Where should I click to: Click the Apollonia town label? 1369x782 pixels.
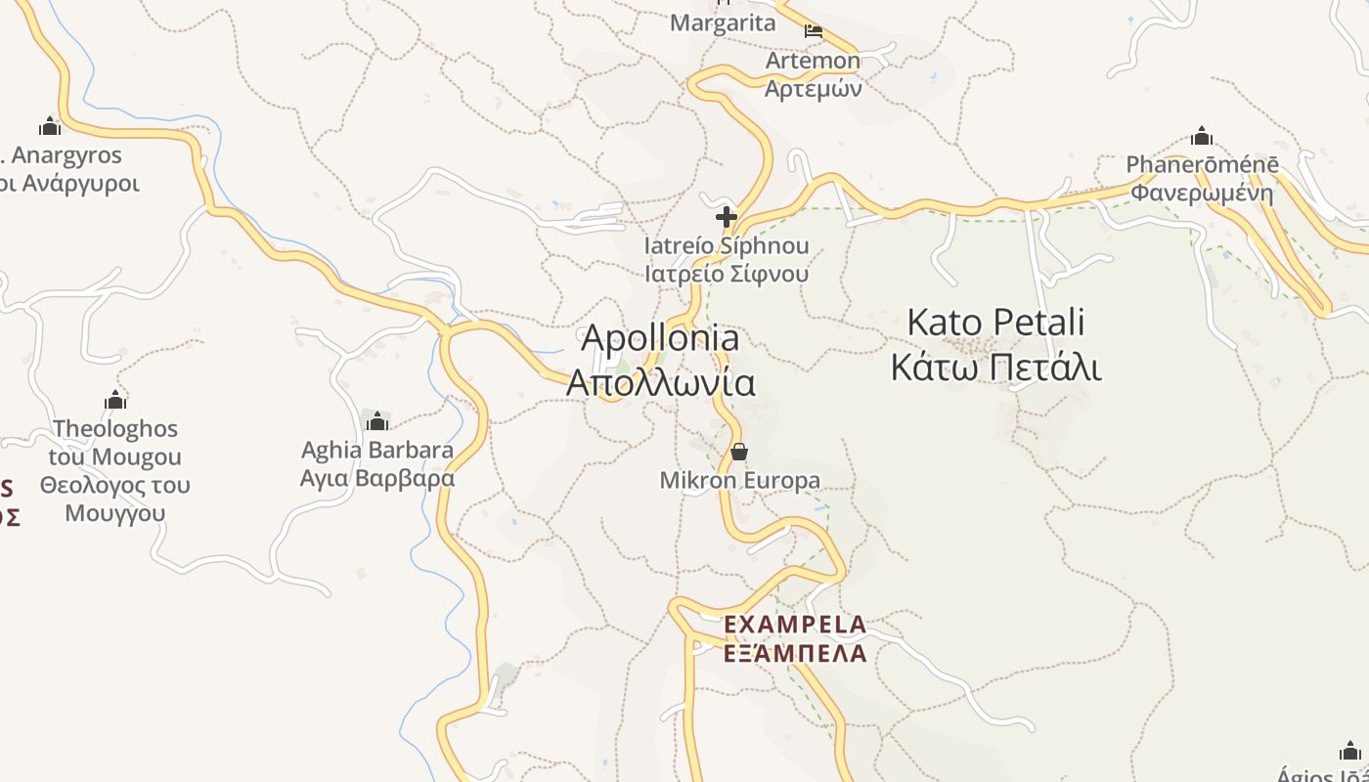tap(660, 339)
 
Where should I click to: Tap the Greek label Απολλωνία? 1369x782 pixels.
tap(660, 382)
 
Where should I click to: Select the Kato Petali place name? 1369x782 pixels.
tap(995, 323)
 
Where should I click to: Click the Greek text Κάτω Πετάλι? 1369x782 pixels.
tap(995, 369)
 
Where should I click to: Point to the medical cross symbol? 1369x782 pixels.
tap(726, 217)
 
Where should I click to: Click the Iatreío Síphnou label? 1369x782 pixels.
tap(726, 245)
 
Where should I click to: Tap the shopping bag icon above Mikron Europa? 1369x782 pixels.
tap(739, 452)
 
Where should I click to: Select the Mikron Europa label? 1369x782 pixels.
tap(739, 480)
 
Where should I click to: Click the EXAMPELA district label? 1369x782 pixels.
tap(794, 624)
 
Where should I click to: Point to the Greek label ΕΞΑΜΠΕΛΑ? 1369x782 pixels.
tap(794, 653)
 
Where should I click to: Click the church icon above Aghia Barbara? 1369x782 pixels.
tap(376, 421)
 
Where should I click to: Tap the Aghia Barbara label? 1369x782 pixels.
tap(376, 451)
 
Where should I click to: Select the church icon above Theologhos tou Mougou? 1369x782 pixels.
tap(115, 400)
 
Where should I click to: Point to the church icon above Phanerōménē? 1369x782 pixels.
tap(1202, 136)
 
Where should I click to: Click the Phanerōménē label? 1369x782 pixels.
tap(1202, 164)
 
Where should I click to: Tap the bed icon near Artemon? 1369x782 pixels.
tap(813, 31)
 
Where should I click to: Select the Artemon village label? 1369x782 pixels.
tap(813, 61)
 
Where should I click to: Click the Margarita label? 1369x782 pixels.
tap(723, 23)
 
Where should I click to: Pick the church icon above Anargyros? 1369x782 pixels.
tap(49, 126)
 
